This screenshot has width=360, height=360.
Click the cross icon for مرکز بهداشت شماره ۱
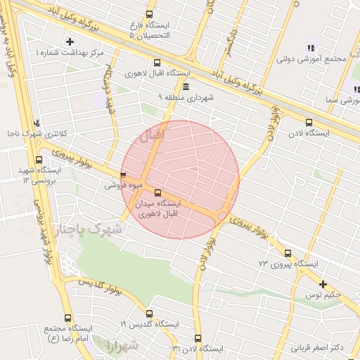point(69,41)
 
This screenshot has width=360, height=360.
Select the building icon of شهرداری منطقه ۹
point(186,86)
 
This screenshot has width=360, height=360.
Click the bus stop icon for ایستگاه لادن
point(288,120)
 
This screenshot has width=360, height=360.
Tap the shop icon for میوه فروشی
point(124,176)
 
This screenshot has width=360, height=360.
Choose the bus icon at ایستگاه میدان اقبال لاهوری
point(157,191)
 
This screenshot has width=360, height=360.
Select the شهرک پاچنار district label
point(88,230)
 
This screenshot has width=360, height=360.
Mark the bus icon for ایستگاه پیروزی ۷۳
point(288,253)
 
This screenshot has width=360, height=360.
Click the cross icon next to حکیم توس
point(323,284)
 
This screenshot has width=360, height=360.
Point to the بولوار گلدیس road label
point(99,285)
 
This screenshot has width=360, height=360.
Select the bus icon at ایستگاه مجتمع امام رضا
point(67,318)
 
